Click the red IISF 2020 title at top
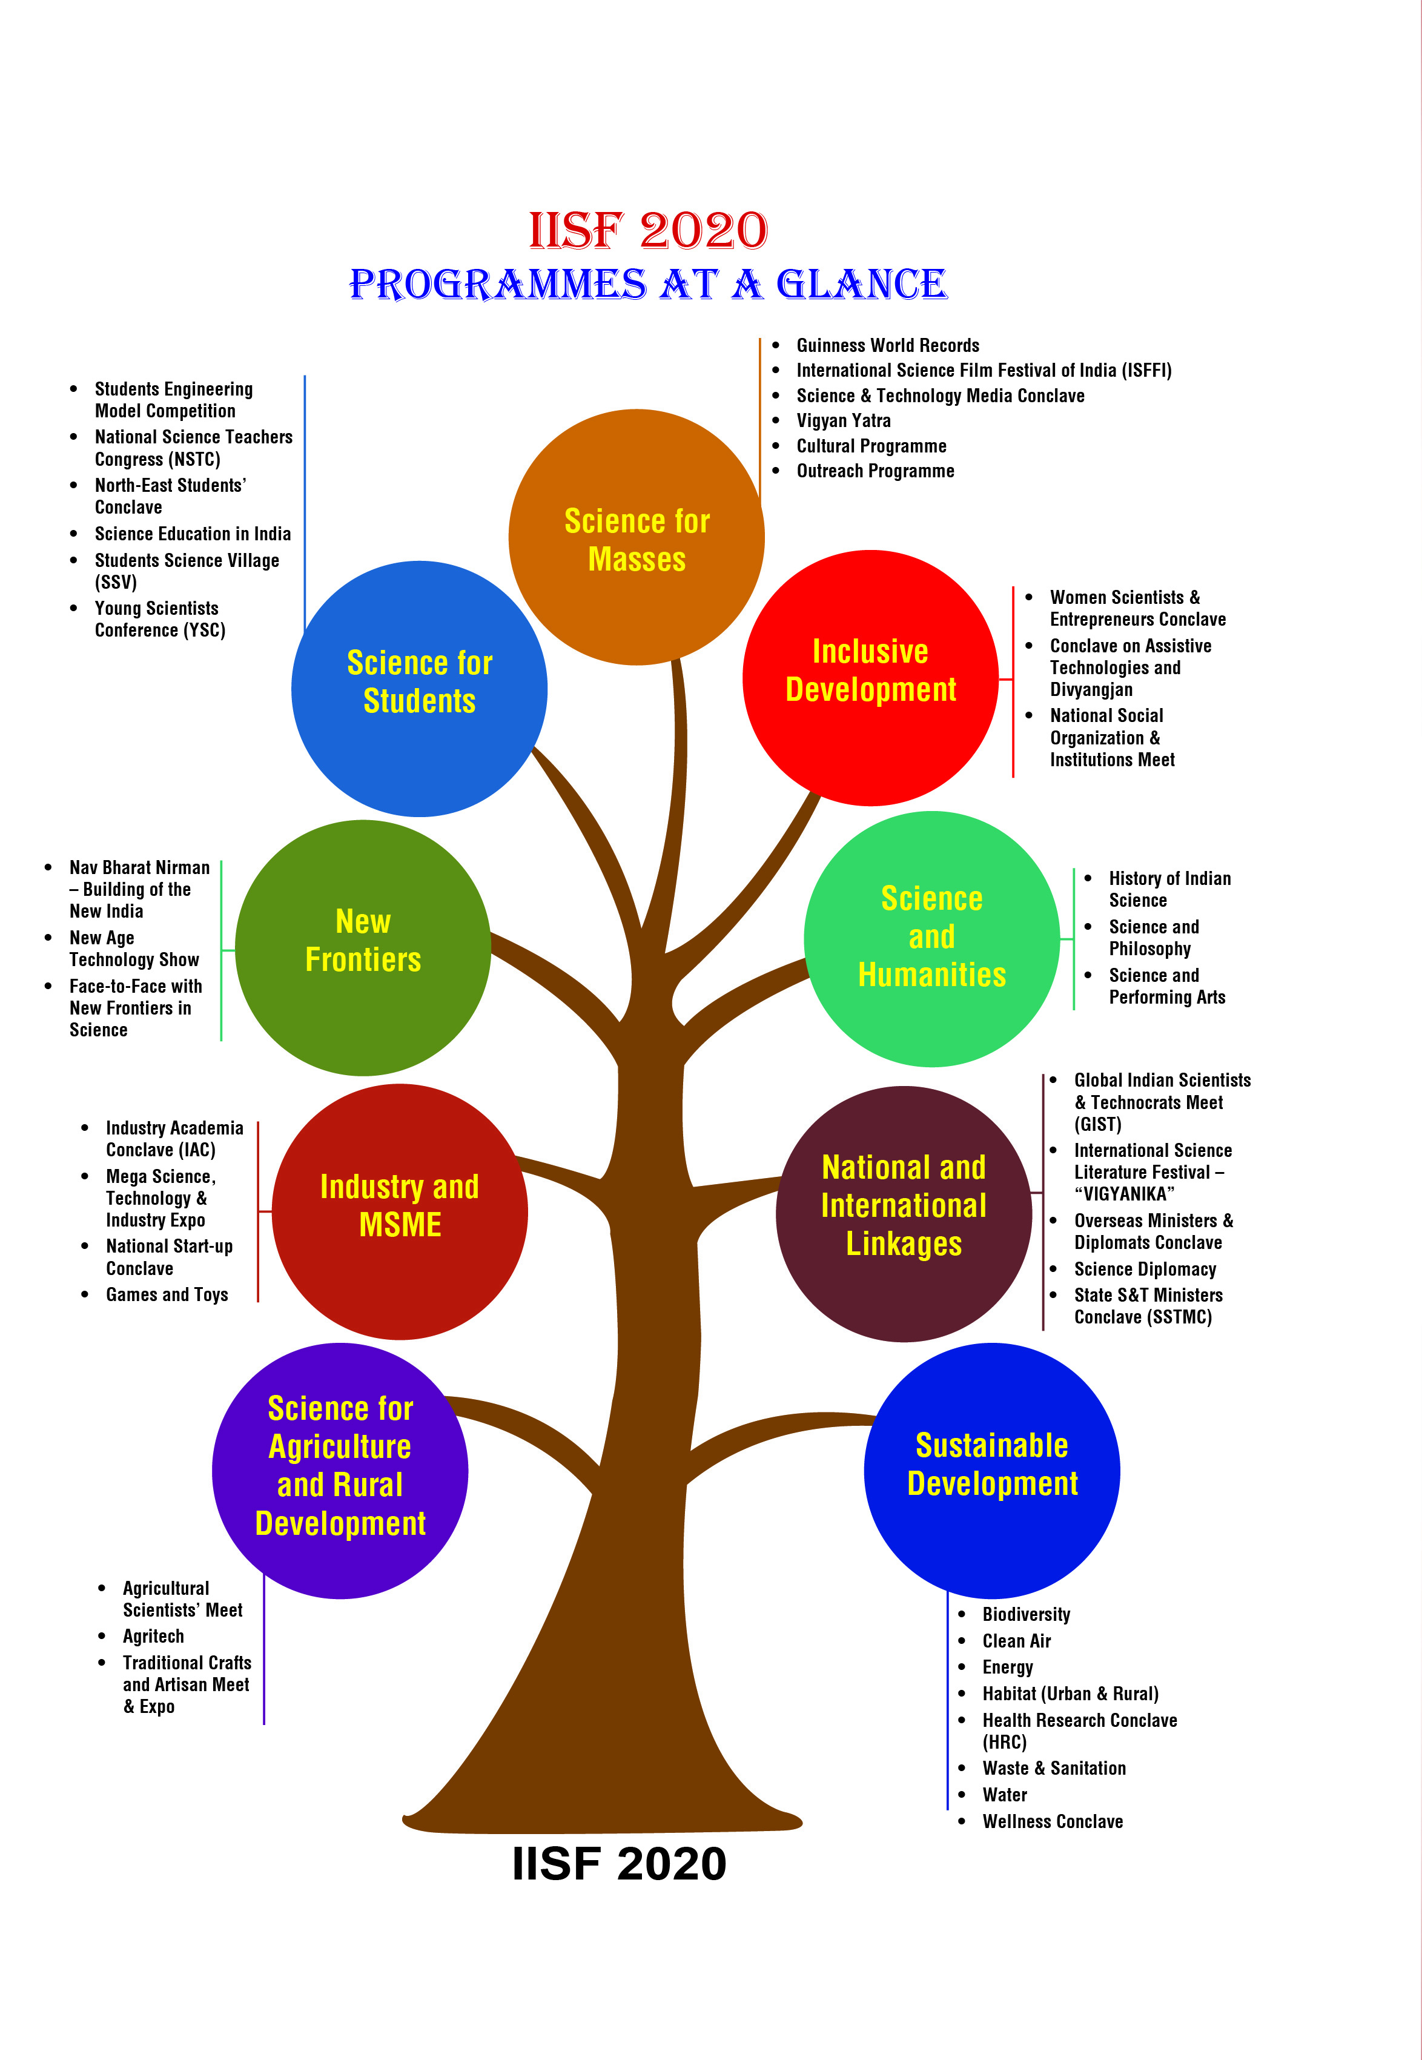coord(648,231)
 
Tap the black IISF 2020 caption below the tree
coord(619,1864)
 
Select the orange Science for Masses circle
coord(636,537)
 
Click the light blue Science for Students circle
coord(418,689)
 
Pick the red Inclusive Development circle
coord(870,678)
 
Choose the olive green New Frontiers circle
coord(363,948)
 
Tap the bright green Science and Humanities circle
coord(932,939)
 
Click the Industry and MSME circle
coord(399,1212)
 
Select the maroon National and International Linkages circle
coord(904,1214)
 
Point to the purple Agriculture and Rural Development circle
coord(340,1471)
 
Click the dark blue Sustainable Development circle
coord(991,1471)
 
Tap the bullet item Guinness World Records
coord(887,346)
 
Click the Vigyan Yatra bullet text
coord(843,420)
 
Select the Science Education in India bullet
coord(193,534)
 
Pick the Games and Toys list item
coord(167,1294)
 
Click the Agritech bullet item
coord(153,1636)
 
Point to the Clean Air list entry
coord(1017,1641)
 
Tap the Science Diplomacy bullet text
coord(1145,1269)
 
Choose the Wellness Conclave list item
coord(1052,1821)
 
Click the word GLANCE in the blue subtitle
coord(861,285)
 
